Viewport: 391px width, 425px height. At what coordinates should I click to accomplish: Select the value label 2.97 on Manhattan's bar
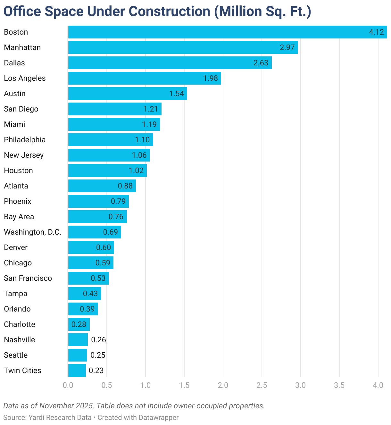(287, 47)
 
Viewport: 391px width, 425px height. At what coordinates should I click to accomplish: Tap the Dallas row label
(14, 63)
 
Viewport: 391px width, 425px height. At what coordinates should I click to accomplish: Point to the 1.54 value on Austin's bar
(176, 94)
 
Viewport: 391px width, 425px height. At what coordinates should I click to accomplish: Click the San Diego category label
(21, 109)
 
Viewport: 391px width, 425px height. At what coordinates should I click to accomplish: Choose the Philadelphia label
(25, 140)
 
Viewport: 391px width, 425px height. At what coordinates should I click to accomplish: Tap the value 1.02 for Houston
(136, 171)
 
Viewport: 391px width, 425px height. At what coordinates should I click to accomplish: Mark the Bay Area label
(19, 217)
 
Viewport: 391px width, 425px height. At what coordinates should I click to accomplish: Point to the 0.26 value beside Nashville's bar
(98, 340)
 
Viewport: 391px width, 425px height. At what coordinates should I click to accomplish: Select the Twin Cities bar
(77, 371)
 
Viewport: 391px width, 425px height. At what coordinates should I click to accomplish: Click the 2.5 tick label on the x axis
(262, 385)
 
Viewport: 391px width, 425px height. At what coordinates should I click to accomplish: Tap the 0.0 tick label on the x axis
(68, 385)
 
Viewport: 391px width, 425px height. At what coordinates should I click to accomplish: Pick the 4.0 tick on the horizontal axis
(378, 385)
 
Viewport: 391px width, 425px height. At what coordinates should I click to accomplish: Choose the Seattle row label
(16, 355)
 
